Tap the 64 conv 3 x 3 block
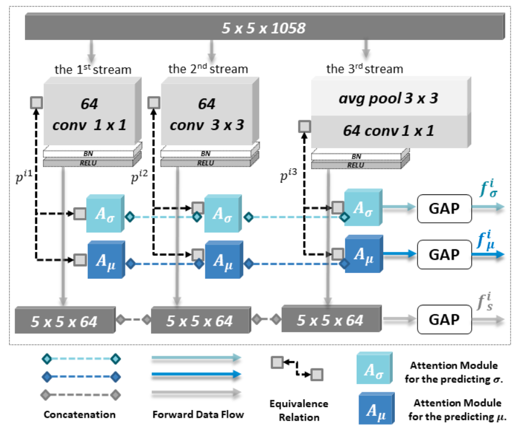click(x=206, y=113)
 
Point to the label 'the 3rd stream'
click(x=364, y=69)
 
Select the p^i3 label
click(x=291, y=176)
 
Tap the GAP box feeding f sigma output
click(x=444, y=209)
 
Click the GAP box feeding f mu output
click(x=444, y=254)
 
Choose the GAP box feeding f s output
click(x=444, y=319)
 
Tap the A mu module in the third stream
click(x=362, y=255)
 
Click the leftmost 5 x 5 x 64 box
click(x=64, y=320)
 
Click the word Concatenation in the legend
click(x=80, y=414)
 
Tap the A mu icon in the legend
click(x=376, y=408)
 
